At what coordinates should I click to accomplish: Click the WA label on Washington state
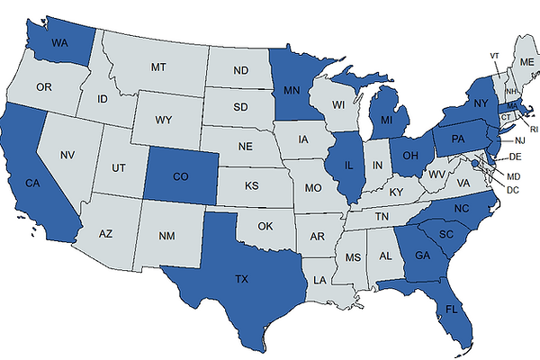(61, 42)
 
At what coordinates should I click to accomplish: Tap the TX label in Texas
(241, 280)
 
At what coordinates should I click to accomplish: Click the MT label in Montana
(159, 67)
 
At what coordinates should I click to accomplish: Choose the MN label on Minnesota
(292, 90)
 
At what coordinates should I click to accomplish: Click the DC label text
(513, 189)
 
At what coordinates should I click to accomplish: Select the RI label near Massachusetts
(533, 129)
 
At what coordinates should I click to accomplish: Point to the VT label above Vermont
(494, 56)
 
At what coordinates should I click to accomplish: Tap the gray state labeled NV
(66, 156)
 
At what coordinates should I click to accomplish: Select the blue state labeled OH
(409, 155)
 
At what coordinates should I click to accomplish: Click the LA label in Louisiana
(319, 280)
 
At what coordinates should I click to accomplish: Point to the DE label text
(516, 157)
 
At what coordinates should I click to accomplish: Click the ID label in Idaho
(103, 98)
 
